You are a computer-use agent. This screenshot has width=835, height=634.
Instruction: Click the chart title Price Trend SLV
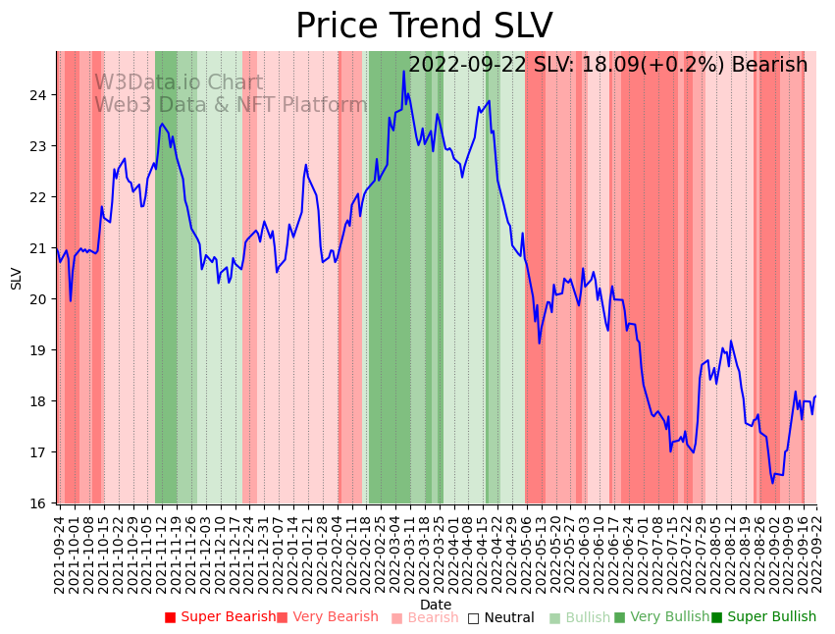pos(424,26)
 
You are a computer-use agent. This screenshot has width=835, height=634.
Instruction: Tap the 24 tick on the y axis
pos(40,95)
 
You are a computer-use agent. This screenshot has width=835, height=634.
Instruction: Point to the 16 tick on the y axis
pos(40,503)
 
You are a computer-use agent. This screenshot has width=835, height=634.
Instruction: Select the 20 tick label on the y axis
pos(40,299)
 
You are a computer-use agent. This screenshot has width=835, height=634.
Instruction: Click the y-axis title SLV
pos(16,278)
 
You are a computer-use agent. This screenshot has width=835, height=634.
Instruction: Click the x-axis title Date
pos(436,605)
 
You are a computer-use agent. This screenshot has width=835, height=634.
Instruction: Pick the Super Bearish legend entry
pos(221,617)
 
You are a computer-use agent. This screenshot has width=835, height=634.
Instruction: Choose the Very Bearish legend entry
pos(327,617)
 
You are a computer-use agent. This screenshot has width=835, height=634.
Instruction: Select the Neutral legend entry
pos(501,617)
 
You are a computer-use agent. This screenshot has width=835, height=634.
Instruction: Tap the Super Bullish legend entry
pos(763,617)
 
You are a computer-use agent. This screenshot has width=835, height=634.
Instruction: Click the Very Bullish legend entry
pos(661,617)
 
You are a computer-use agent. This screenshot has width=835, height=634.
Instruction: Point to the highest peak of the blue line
pos(403,71)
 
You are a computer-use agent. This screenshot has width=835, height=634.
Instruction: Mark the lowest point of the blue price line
pos(772,483)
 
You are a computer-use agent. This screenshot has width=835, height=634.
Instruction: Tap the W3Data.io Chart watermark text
pos(179,83)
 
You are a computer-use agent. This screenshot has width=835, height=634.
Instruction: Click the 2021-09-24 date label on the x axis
pos(60,555)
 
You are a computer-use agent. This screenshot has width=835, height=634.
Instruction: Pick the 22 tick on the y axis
pos(40,197)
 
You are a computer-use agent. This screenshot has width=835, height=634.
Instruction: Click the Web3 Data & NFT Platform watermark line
pos(231,106)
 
